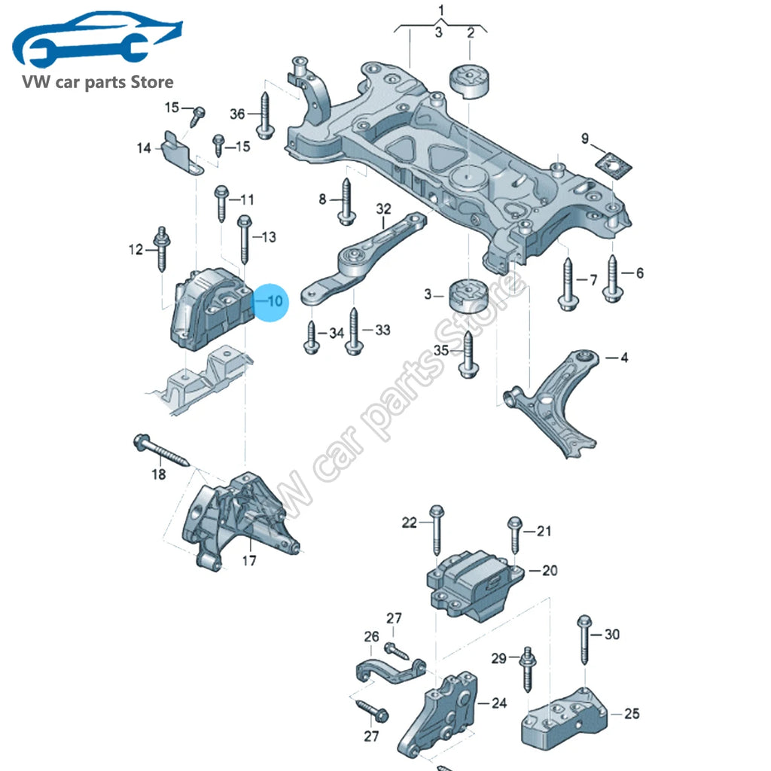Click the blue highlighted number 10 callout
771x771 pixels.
270,302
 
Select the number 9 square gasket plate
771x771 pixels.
613,166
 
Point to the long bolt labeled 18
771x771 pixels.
161,450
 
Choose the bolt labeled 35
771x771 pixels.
468,355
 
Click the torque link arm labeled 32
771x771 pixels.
364,260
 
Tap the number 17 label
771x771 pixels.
249,560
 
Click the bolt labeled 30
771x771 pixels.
584,638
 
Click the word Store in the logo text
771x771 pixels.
151,81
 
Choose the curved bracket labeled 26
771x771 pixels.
389,670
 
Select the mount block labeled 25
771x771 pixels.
565,718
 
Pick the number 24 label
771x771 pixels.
499,703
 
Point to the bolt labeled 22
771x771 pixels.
437,530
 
